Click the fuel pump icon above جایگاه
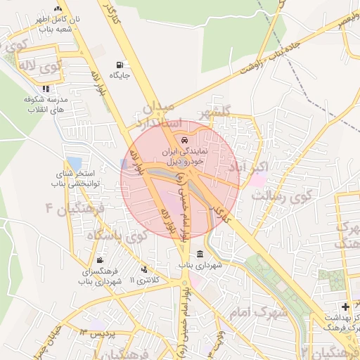[x=117, y=64]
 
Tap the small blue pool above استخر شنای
[x=74, y=163]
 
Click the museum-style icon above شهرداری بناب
[x=200, y=255]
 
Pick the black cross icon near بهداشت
[x=345, y=307]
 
